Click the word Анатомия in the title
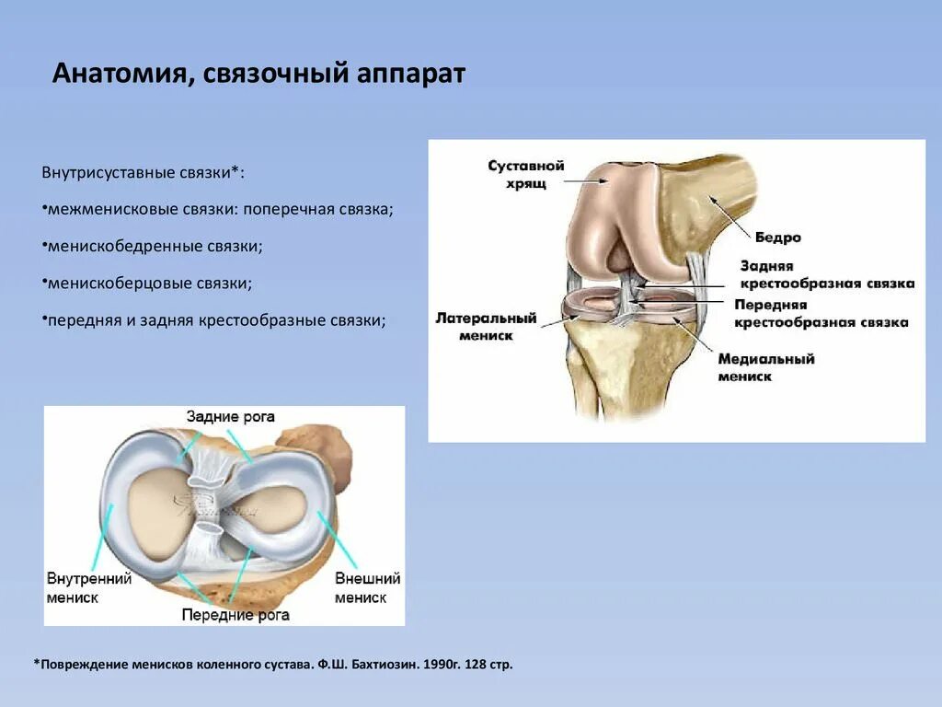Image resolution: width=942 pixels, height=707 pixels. click(119, 74)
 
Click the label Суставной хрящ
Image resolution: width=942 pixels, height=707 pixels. click(525, 175)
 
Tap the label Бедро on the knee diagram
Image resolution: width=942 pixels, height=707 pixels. click(778, 238)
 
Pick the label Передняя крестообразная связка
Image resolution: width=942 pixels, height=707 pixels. click(821, 313)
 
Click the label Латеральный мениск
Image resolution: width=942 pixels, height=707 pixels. click(486, 327)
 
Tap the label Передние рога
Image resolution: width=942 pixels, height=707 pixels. click(235, 614)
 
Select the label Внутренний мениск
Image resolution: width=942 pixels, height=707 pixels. click(89, 587)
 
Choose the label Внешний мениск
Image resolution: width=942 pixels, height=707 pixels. click(367, 587)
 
